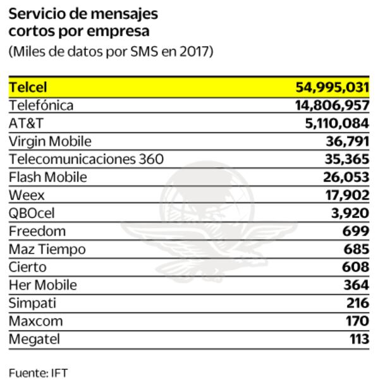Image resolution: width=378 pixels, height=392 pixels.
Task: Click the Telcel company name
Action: coord(28,87)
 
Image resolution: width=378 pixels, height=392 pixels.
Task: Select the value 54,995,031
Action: coord(332,87)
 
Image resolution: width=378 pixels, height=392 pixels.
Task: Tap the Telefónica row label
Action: coord(41,106)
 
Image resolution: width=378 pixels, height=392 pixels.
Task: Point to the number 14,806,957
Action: coord(332,106)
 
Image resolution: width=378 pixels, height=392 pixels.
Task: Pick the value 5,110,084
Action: coord(337,123)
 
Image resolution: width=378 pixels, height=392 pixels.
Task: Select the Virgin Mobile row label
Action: coord(50,141)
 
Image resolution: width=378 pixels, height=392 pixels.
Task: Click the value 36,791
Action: coord(349,141)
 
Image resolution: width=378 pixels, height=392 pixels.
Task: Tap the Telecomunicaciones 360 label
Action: coord(86,159)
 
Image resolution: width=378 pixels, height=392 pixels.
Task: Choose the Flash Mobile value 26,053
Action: coord(349,177)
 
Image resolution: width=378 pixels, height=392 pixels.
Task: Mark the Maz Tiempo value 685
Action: coord(358,249)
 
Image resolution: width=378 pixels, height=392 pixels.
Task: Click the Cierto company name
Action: coord(28,267)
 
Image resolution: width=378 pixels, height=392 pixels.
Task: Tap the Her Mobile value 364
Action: coord(357,285)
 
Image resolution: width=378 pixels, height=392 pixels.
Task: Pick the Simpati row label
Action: coord(32,303)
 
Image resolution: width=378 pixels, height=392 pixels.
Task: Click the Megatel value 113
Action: coord(359,339)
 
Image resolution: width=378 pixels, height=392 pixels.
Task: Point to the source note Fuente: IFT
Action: coord(38,373)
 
